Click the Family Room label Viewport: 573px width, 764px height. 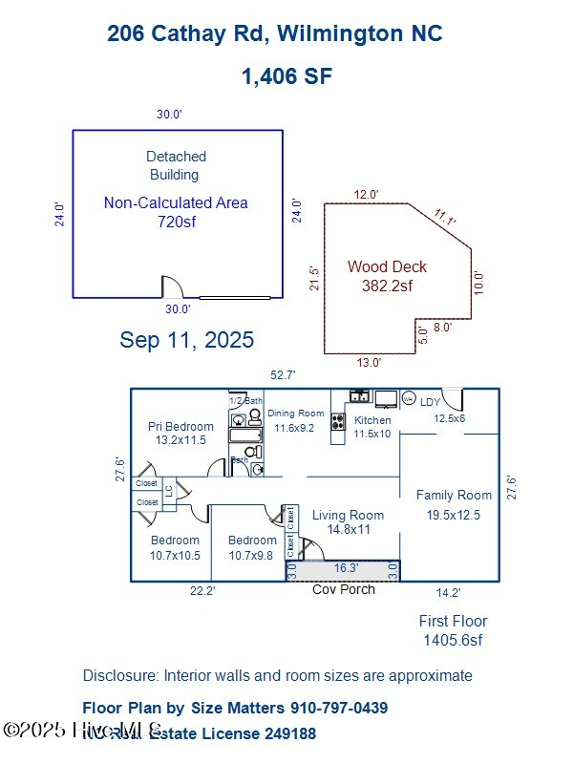tap(454, 495)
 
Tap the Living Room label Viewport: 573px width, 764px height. tap(348, 515)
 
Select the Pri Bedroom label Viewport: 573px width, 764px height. tap(180, 426)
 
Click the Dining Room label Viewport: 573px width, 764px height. tap(296, 413)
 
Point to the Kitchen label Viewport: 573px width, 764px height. tap(372, 420)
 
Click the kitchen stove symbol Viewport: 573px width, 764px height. tap(337, 421)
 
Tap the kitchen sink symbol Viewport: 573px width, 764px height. tap(360, 395)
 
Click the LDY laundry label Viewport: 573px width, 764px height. tap(431, 402)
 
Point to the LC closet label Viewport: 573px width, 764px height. tap(169, 491)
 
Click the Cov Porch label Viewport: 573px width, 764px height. tap(344, 589)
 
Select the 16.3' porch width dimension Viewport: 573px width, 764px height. tap(345, 567)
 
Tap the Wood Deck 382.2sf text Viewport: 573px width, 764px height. tap(387, 276)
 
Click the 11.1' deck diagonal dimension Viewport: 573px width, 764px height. tap(445, 217)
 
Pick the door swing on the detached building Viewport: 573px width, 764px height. tap(172, 286)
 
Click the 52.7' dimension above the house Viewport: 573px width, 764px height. tap(283, 375)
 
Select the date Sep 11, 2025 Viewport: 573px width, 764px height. tap(187, 339)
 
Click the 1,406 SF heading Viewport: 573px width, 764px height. tap(286, 76)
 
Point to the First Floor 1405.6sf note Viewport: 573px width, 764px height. tap(453, 630)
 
